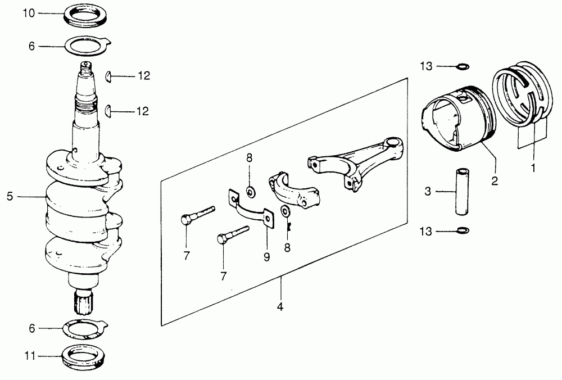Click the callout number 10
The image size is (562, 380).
pyautogui.click(x=29, y=13)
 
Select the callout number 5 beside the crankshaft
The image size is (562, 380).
pyautogui.click(x=10, y=196)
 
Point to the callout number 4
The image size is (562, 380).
pyautogui.click(x=279, y=307)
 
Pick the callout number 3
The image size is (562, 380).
pyautogui.click(x=428, y=192)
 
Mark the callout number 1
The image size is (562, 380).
pyautogui.click(x=533, y=167)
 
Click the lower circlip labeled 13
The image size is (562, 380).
pyautogui.click(x=461, y=230)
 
